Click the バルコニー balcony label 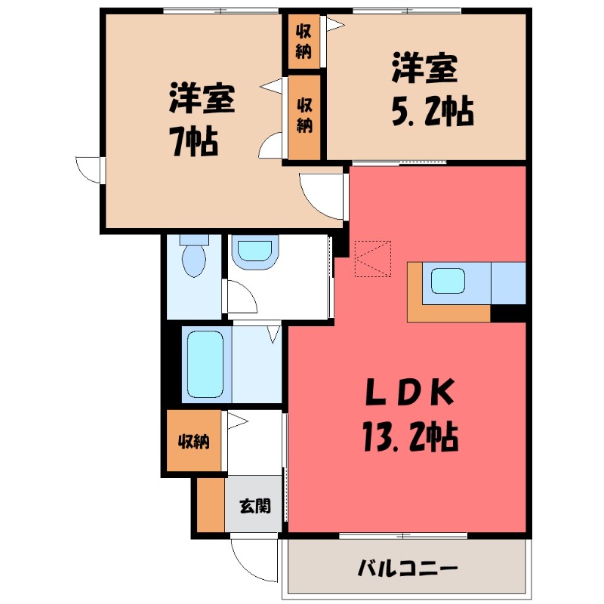click(x=408, y=566)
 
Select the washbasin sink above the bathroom click(x=254, y=251)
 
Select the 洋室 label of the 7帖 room click(x=202, y=99)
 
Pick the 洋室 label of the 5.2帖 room click(x=424, y=69)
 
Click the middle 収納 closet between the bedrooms click(x=304, y=116)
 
